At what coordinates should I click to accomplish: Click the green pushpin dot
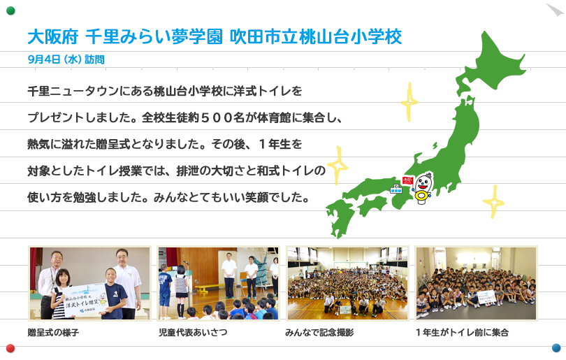point(10,10)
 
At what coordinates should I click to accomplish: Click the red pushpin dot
point(10,348)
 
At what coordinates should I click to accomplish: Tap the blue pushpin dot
point(556,347)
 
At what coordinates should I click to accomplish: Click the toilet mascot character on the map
point(421,189)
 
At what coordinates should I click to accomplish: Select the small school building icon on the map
point(396,189)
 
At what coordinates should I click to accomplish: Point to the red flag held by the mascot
point(407,180)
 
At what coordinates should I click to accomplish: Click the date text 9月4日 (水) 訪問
point(66,59)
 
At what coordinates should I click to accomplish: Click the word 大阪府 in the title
point(53,37)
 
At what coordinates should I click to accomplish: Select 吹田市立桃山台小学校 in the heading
point(316,37)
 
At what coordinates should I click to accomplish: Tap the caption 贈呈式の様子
point(53,332)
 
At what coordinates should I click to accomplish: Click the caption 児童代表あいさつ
point(193,332)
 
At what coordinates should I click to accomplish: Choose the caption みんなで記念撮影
point(319,332)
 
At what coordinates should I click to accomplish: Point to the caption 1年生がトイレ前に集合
point(462,332)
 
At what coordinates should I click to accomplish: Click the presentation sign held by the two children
point(84,299)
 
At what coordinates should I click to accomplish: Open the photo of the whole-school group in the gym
point(347,283)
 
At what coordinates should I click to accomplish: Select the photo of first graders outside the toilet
point(476,283)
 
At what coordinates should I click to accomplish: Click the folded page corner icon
point(555,9)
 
